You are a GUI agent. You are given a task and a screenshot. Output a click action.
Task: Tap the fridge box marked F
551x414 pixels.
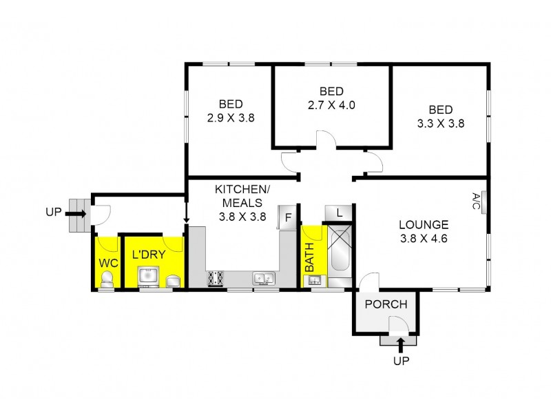click(287, 217)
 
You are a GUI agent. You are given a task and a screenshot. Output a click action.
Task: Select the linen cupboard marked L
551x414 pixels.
click(339, 213)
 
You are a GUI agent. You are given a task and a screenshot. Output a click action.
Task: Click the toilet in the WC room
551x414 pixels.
click(107, 279)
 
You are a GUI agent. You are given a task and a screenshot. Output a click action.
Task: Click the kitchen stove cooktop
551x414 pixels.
click(216, 279)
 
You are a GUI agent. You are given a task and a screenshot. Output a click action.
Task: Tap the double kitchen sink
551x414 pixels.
click(263, 279)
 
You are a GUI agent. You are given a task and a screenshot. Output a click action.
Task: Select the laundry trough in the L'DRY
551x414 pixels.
click(146, 276)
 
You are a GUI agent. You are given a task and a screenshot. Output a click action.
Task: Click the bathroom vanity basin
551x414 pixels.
click(314, 279)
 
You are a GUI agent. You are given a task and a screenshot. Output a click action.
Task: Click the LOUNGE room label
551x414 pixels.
click(424, 225)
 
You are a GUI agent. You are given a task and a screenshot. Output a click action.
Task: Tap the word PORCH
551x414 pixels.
click(386, 304)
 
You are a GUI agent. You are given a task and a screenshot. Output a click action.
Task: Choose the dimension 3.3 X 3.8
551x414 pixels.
click(441, 124)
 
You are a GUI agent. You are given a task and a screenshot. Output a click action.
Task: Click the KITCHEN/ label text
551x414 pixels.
click(238, 189)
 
